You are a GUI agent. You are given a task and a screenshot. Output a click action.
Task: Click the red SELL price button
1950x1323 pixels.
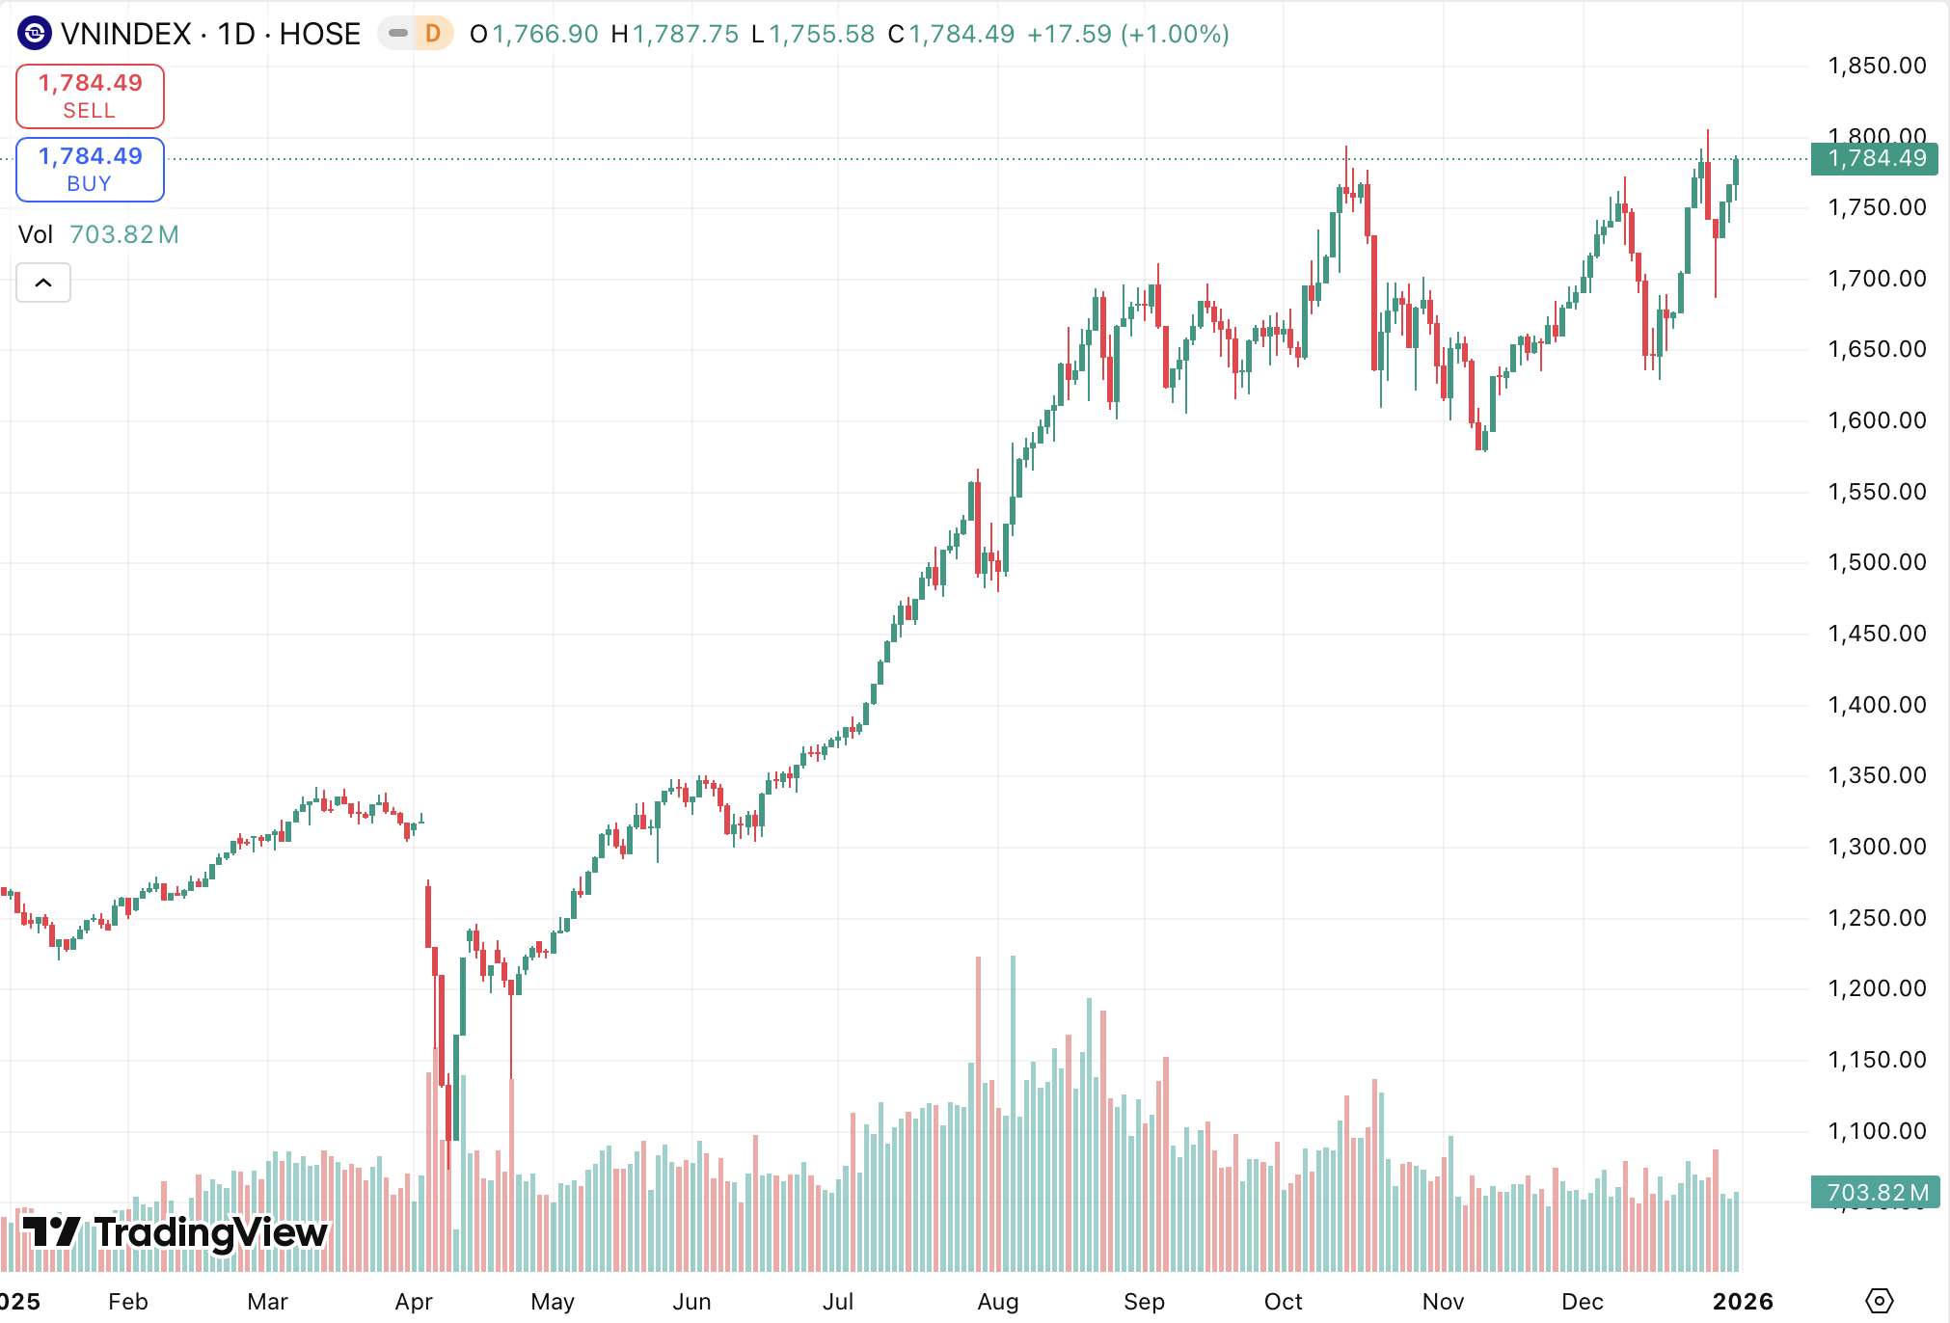[x=90, y=96]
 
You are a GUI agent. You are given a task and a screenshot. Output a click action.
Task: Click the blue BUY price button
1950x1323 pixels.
[x=90, y=170]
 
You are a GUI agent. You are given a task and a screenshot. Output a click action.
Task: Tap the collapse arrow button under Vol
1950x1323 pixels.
[x=43, y=283]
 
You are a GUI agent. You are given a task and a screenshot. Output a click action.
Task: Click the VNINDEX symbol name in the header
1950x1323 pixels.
[x=125, y=34]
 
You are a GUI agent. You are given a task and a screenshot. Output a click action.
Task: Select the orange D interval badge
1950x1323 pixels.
[x=433, y=34]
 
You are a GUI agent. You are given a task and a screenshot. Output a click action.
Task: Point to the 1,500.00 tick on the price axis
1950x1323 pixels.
[x=1876, y=562]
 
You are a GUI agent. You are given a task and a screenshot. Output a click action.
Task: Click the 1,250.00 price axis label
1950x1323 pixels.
[x=1876, y=918]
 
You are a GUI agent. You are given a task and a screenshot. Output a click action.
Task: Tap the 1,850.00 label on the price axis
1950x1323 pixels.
[x=1876, y=66]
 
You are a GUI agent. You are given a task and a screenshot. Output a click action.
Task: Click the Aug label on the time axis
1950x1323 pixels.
[x=997, y=1302]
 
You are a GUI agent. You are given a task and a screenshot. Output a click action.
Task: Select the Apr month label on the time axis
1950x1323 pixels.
[x=414, y=1302]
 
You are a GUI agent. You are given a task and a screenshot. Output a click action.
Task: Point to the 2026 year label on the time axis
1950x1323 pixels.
[x=1743, y=1302]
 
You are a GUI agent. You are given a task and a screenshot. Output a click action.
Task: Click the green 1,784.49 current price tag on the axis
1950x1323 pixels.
[x=1874, y=158]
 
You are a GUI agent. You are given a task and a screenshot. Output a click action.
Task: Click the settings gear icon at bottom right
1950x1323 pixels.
[x=1879, y=1301]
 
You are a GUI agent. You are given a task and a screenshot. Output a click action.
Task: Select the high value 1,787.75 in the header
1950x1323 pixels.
[x=685, y=34]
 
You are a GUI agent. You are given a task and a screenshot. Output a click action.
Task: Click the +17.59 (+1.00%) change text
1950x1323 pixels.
[x=1127, y=34]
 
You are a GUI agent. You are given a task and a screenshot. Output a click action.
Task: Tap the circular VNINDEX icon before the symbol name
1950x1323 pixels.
[x=35, y=34]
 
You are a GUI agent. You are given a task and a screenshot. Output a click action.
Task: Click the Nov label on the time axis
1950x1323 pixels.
[x=1443, y=1302]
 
